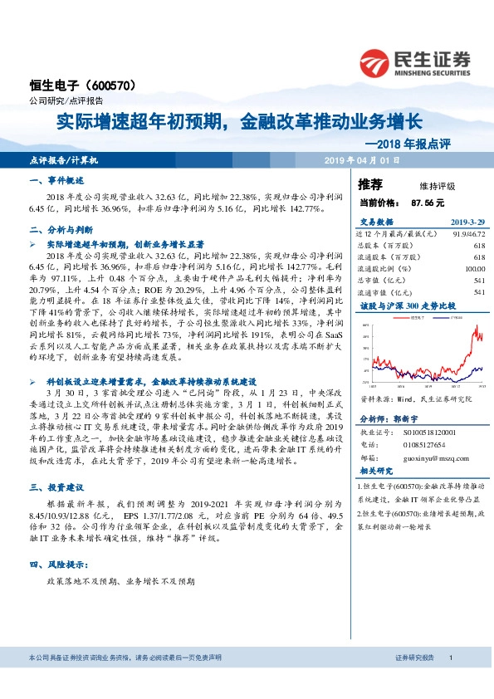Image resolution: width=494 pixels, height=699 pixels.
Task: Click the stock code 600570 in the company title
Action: tap(110, 86)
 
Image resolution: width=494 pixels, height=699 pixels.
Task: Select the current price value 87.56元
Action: tap(428, 202)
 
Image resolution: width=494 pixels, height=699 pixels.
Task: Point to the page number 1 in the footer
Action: tap(449, 658)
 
